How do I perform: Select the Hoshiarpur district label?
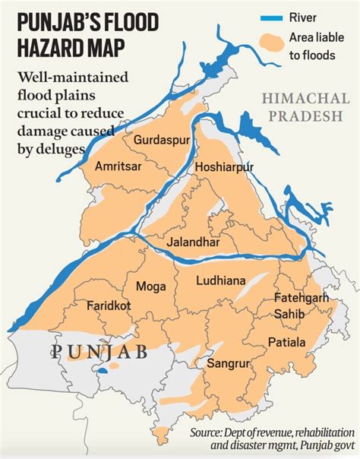point(224,166)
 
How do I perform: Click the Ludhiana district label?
point(220,280)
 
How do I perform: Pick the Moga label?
point(151,286)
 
